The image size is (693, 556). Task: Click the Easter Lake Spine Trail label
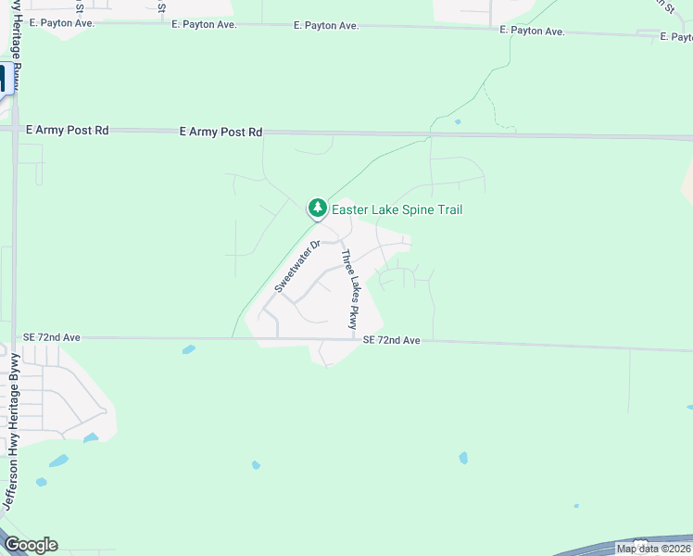(x=397, y=210)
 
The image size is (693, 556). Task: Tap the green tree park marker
(x=318, y=208)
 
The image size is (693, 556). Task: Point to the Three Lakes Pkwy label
(x=349, y=290)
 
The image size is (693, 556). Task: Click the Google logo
(x=31, y=545)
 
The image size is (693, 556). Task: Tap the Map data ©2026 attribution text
(x=653, y=549)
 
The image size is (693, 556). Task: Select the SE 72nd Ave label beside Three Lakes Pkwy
(x=392, y=341)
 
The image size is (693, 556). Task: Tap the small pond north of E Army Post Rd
(x=458, y=121)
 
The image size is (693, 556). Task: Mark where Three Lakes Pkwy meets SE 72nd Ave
(x=359, y=340)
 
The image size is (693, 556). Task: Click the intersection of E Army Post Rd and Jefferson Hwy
(x=15, y=131)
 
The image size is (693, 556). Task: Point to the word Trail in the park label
(x=447, y=210)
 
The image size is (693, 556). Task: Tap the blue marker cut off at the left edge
(x=3, y=79)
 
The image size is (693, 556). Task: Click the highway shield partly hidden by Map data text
(x=639, y=541)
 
